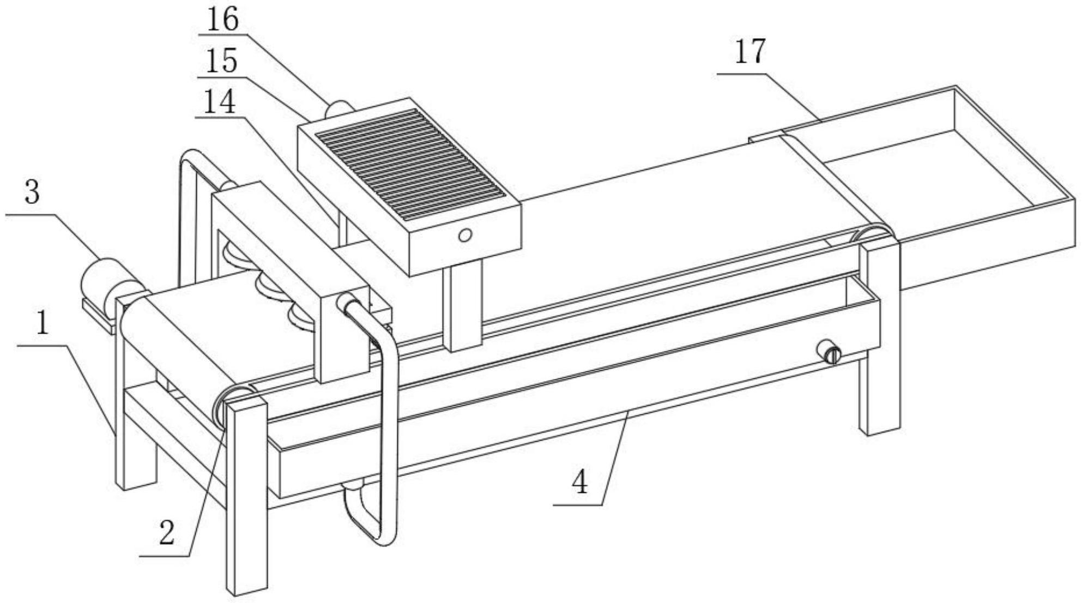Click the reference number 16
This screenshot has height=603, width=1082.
223,20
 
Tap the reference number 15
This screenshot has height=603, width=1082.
221,61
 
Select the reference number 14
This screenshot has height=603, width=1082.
219,101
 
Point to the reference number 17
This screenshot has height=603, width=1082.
750,52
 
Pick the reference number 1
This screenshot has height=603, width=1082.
42,322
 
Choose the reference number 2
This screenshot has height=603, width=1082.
167,532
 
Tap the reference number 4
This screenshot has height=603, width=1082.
581,482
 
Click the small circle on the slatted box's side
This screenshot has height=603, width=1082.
464,236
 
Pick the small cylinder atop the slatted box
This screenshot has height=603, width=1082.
338,108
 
